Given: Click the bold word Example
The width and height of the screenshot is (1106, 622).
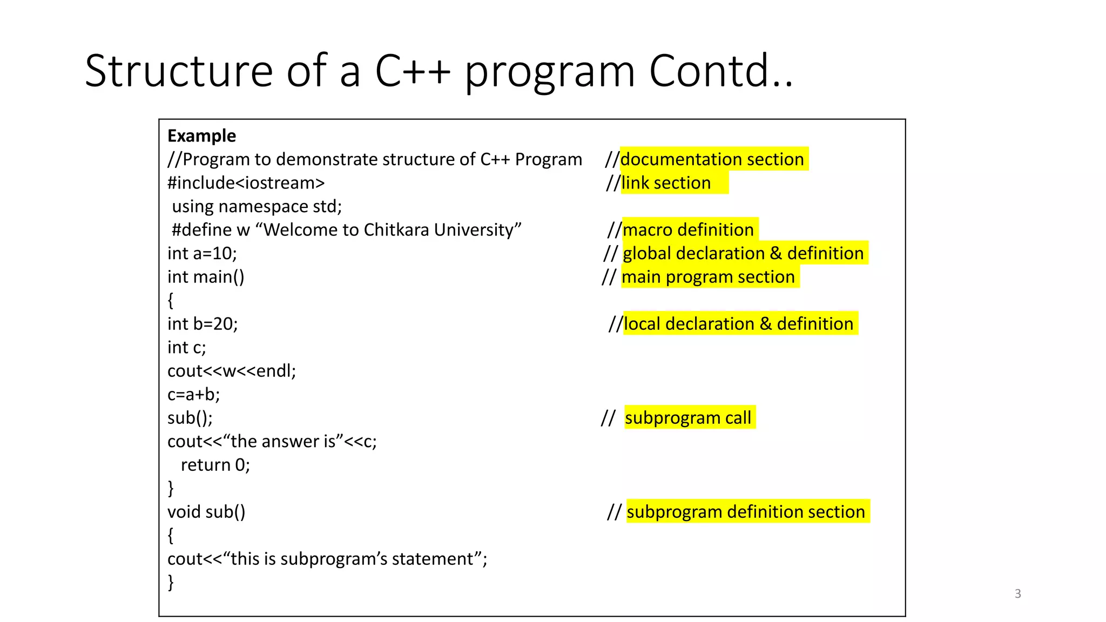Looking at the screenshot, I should click(x=201, y=136).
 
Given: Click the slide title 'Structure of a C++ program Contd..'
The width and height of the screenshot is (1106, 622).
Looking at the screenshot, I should click(x=439, y=71).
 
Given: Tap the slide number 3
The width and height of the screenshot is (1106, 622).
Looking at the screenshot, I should click(x=1017, y=593).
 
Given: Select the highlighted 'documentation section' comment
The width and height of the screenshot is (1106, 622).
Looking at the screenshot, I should click(x=712, y=159).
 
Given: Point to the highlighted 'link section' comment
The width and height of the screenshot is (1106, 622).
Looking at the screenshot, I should click(x=666, y=183).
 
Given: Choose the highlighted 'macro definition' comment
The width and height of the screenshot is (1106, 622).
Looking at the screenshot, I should click(x=688, y=230).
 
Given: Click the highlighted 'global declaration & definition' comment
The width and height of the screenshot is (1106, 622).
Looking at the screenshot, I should click(x=743, y=253).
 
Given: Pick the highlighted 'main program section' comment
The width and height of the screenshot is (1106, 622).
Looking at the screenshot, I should click(x=708, y=277).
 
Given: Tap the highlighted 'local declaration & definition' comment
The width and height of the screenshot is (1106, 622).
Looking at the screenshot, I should click(x=738, y=324).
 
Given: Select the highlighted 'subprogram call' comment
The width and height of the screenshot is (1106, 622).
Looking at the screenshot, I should click(x=688, y=418).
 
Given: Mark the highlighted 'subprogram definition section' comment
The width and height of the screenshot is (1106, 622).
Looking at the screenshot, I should click(x=746, y=512).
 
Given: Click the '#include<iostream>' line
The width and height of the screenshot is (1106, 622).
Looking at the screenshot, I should click(x=246, y=183).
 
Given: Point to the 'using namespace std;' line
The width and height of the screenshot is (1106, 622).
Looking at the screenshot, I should click(x=257, y=206).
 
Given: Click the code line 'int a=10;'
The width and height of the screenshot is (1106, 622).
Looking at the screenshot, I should click(x=202, y=253).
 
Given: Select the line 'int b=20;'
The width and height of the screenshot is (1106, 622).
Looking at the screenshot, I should click(x=203, y=324).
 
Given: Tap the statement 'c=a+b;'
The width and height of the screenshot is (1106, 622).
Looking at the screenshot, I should click(x=193, y=395).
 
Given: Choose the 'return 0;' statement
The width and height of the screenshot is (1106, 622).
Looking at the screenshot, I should click(x=215, y=465).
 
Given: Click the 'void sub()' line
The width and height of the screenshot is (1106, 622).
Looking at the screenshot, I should click(x=206, y=512).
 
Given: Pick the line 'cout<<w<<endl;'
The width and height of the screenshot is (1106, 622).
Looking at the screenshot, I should click(x=232, y=371).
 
